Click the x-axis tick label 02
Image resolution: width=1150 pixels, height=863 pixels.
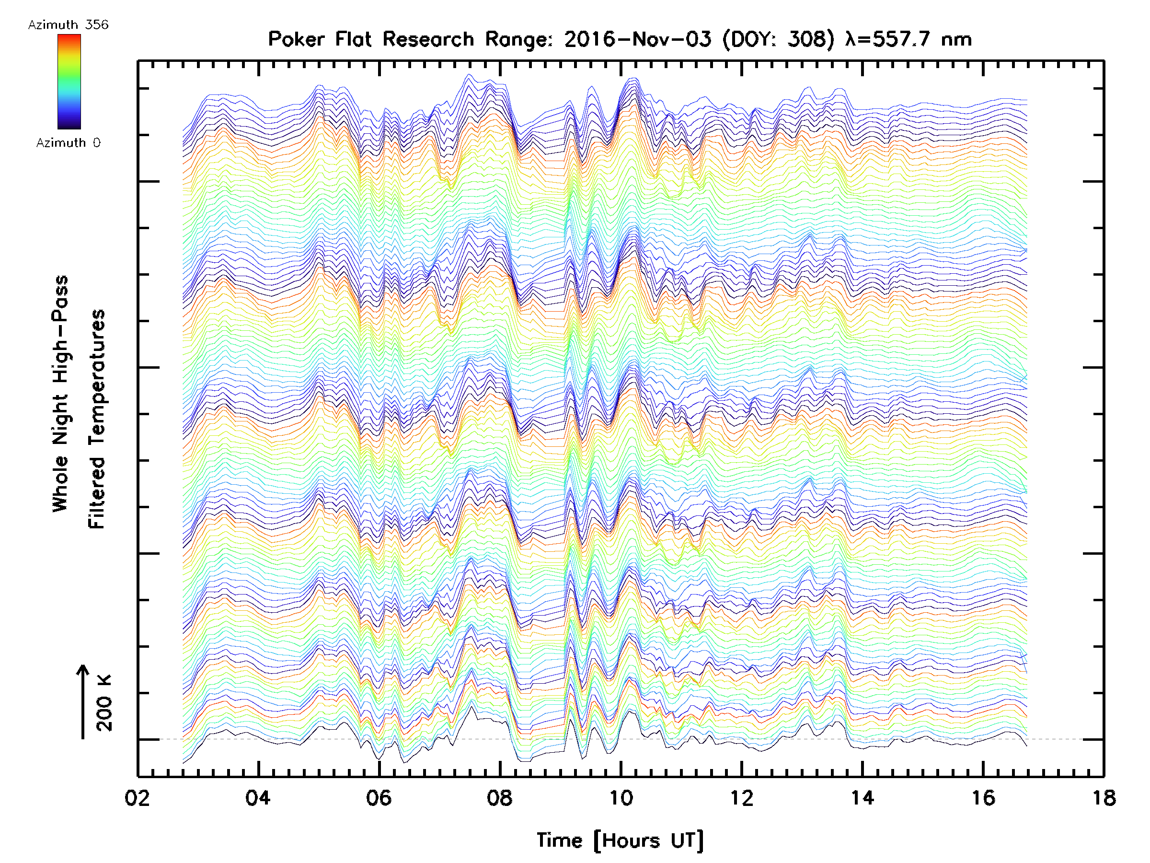137,797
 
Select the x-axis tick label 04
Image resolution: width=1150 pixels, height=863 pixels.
258,797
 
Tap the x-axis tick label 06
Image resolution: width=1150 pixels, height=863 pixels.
379,797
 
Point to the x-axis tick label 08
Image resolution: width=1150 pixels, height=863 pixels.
500,797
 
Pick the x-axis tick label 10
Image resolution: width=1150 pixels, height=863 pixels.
620,797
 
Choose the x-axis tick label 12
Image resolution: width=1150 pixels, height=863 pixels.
741,797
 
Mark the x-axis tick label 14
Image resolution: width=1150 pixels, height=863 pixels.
862,797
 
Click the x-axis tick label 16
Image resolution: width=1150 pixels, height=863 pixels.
983,797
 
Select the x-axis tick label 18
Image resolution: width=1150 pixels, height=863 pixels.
1104,797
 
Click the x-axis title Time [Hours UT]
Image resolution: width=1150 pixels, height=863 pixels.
620,840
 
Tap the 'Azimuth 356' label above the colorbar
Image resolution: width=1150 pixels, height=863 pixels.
68,25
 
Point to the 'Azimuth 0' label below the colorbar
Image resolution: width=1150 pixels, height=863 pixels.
68,142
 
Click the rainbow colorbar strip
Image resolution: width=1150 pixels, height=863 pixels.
69,82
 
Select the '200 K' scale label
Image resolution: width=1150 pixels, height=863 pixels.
104,703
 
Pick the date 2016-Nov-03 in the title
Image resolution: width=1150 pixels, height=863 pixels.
637,39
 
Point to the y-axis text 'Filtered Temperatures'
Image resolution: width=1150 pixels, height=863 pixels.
97,419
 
